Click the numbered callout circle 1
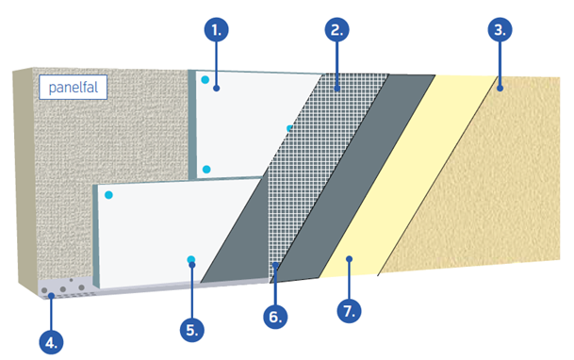217,29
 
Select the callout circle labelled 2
336,29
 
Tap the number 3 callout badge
500,29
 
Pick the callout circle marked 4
51,342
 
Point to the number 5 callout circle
192,330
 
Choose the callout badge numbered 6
275,317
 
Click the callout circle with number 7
349,311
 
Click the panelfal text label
74,88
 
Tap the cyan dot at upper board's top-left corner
205,79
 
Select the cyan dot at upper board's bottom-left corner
206,170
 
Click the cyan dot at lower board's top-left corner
108,195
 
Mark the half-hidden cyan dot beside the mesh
289,128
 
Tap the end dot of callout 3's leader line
500,89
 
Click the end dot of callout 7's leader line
350,259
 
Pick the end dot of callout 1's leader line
217,89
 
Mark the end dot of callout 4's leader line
51,296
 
